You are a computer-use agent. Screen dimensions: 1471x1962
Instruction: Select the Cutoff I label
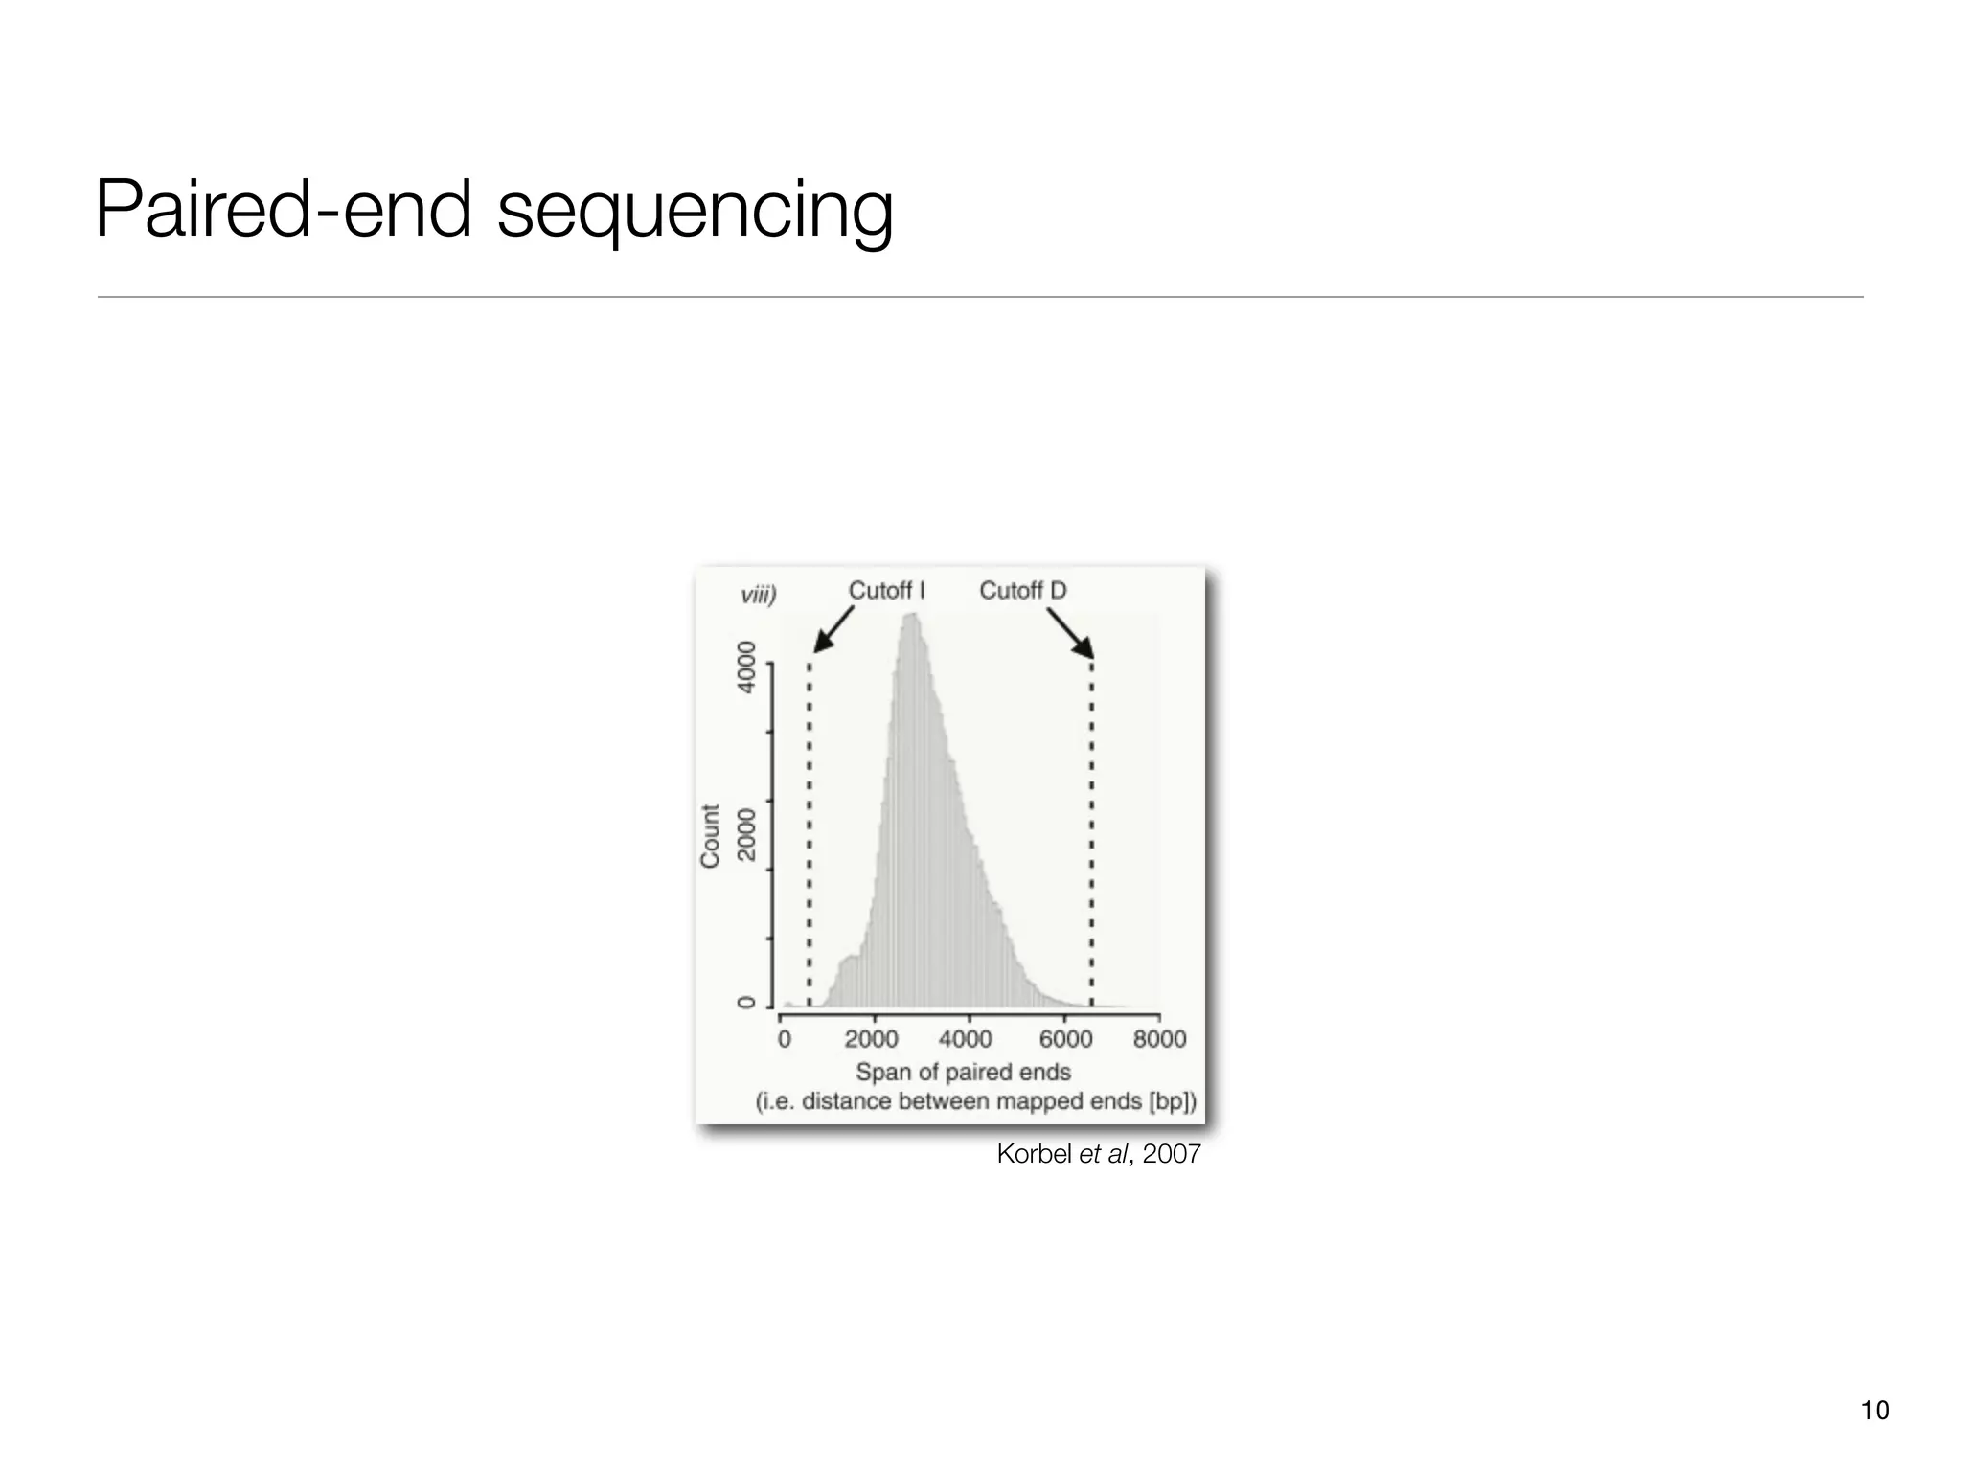(886, 591)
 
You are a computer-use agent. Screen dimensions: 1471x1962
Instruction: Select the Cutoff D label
(1022, 591)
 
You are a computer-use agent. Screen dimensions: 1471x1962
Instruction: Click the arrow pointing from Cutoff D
(1069, 633)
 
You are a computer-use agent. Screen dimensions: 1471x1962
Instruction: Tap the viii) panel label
(758, 595)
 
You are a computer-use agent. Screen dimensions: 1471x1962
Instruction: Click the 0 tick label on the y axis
(745, 1003)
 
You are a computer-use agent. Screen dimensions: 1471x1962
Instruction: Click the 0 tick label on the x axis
(784, 1039)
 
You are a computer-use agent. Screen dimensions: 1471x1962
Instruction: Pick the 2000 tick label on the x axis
(872, 1039)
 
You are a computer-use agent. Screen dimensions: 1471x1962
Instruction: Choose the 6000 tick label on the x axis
(1065, 1039)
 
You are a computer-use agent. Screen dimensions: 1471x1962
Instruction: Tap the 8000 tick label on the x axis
(1159, 1039)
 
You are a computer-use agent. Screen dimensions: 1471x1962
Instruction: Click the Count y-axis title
(710, 836)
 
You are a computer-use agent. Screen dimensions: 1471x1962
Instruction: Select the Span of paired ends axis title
(963, 1072)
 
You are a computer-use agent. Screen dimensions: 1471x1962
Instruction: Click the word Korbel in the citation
(1034, 1155)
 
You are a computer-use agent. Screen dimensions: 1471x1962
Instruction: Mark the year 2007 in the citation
(1172, 1155)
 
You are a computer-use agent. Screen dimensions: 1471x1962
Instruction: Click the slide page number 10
(1875, 1410)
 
